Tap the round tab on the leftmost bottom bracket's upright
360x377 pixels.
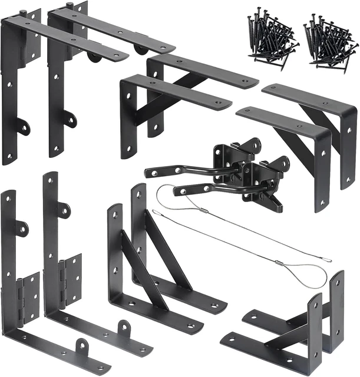click(x=22, y=229)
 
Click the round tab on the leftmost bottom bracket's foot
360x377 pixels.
click(x=82, y=345)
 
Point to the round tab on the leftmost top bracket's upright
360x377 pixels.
click(x=23, y=126)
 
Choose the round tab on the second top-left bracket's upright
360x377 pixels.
click(x=70, y=119)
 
